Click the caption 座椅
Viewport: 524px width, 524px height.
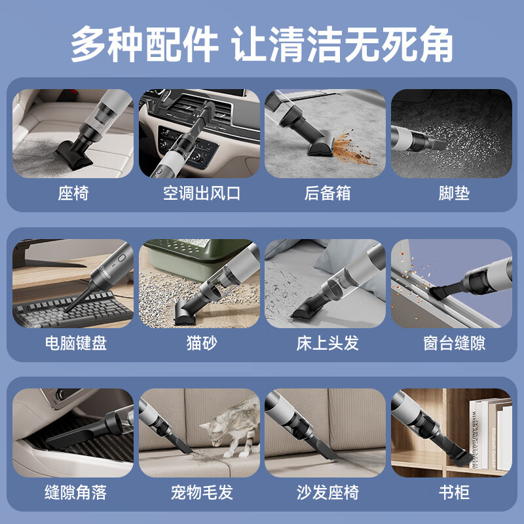(x=73, y=193)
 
